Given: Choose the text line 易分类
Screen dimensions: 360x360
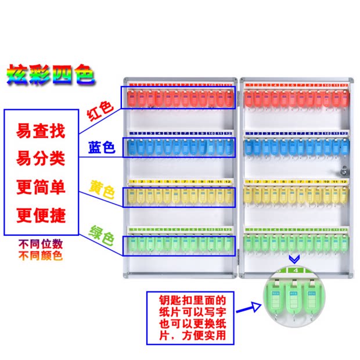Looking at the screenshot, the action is point(41,158).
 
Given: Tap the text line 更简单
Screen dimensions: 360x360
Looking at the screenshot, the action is point(41,187).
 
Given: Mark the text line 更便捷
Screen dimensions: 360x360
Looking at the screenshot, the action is point(41,216).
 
